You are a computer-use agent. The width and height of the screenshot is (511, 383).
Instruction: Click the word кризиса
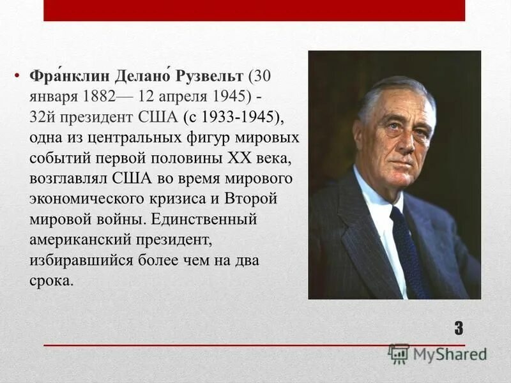[x=195, y=199]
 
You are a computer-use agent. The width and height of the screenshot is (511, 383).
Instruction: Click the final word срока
[x=52, y=281]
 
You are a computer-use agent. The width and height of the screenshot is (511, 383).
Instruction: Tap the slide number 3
[x=459, y=329]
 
